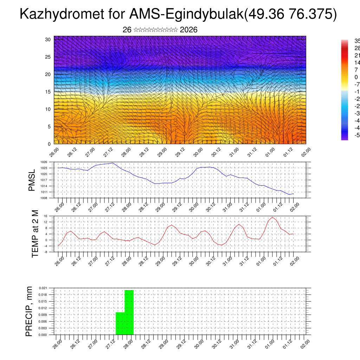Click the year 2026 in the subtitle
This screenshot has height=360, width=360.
pyautogui.click(x=188, y=30)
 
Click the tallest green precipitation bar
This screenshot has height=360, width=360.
pyautogui.click(x=129, y=312)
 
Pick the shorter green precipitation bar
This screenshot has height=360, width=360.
pyautogui.click(x=120, y=323)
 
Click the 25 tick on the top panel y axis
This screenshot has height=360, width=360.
pyautogui.click(x=48, y=57)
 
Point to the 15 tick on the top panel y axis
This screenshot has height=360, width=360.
pyautogui.click(x=48, y=92)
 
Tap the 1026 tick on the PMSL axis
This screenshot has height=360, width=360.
pyautogui.click(x=44, y=162)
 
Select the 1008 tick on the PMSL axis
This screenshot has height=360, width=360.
pyautogui.click(x=44, y=198)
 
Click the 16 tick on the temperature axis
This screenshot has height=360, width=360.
pyautogui.click(x=45, y=216)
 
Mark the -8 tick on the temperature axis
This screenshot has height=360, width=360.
pyautogui.click(x=45, y=252)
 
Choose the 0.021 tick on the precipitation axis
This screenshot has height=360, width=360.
pyautogui.click(x=43, y=288)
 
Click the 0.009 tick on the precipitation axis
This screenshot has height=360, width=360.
pyautogui.click(x=43, y=315)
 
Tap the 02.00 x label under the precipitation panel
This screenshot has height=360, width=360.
pyautogui.click(x=305, y=344)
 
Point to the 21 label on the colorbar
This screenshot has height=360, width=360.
pyautogui.click(x=356, y=56)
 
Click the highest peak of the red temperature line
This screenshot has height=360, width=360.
pyautogui.click(x=272, y=217)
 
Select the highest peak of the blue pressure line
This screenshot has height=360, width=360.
pyautogui.click(x=112, y=163)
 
